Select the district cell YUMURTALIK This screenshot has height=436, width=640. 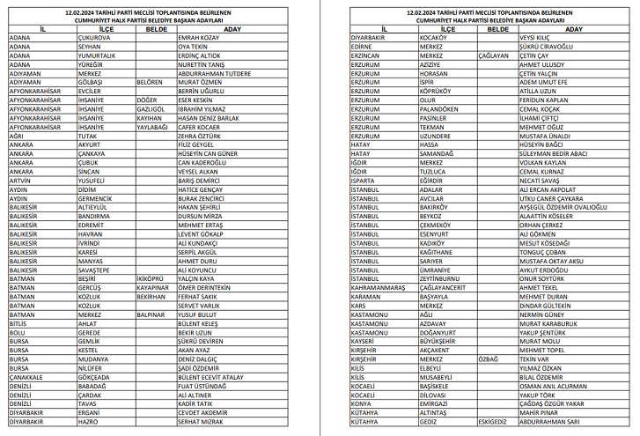coord(98,55)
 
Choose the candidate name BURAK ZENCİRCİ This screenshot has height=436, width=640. coord(202,197)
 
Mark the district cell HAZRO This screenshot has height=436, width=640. coord(89,422)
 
